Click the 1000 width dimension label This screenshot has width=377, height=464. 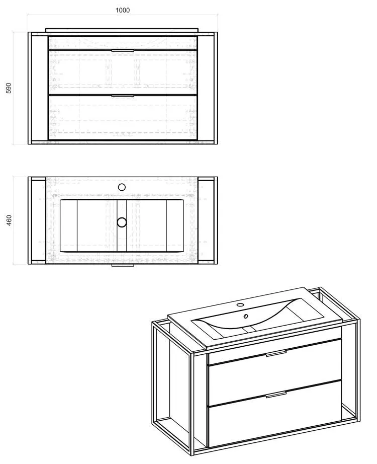(123, 10)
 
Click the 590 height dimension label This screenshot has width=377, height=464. (9, 88)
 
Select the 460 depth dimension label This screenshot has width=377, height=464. (9, 220)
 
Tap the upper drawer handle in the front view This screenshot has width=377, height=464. (123, 51)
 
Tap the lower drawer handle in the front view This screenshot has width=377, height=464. (123, 96)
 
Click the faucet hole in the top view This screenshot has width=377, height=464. (122, 187)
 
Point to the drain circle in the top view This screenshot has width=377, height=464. (122, 222)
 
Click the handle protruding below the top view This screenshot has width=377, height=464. (123, 265)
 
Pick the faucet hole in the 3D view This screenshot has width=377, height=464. (240, 304)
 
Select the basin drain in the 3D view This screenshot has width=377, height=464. (245, 317)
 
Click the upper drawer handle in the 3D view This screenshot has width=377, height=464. (276, 353)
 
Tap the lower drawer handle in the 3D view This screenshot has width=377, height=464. (276, 394)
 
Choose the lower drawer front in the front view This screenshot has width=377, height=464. (123, 117)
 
